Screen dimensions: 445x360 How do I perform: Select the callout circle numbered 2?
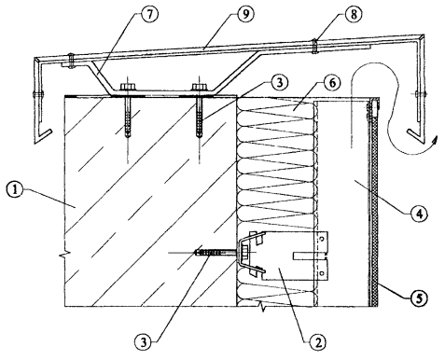coord(317,342)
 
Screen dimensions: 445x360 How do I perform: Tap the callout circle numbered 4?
coord(419,214)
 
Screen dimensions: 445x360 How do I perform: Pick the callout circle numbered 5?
coord(419,298)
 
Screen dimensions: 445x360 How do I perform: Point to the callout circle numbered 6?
coord(332,83)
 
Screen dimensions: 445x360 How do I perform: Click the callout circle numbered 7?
coord(149,14)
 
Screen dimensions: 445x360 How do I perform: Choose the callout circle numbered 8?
coord(353,14)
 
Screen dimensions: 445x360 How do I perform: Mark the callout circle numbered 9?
coord(245,14)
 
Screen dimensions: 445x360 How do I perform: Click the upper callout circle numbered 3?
coord(279,82)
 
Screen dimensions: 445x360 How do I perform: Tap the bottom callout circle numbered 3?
coord(144,342)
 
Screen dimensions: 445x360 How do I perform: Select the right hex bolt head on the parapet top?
coord(199,88)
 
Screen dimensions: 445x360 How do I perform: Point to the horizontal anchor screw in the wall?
coord(216,253)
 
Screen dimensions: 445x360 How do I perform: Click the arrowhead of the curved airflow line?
coord(436,141)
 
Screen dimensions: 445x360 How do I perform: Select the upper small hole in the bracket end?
coord(323,239)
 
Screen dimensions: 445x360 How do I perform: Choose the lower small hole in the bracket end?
coord(323,273)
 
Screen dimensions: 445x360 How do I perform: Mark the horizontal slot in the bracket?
coord(310,256)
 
